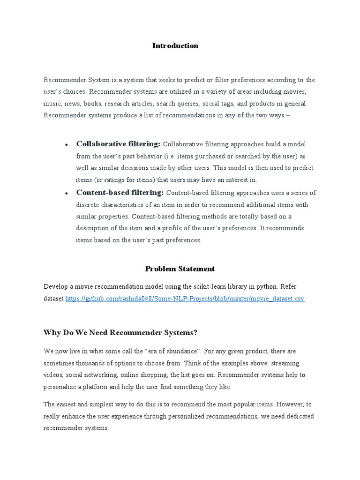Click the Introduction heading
(175, 45)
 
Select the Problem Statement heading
(180, 269)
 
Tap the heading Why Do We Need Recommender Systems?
(120, 332)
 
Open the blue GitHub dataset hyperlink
(185, 299)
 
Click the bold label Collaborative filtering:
(118, 143)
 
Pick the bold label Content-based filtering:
(120, 192)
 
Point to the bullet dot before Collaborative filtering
(67, 144)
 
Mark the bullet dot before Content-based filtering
(67, 193)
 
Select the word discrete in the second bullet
(89, 204)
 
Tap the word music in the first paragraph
(52, 103)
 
